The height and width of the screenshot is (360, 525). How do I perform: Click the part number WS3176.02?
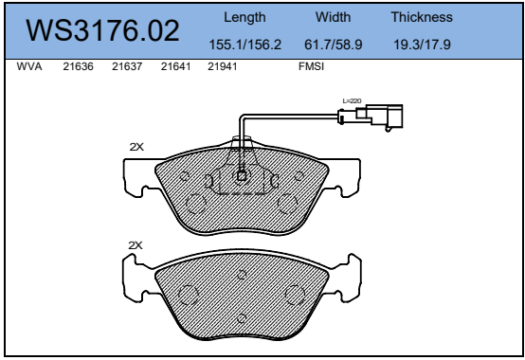point(102,30)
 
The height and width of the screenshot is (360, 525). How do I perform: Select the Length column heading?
point(244,17)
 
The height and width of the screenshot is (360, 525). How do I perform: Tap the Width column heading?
point(334,17)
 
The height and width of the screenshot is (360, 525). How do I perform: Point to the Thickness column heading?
point(422,17)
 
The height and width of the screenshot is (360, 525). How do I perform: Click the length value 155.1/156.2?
point(245,45)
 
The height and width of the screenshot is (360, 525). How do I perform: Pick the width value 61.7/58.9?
point(334,45)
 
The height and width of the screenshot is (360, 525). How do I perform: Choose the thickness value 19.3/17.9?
point(422,45)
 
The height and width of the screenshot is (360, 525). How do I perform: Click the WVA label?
point(29,66)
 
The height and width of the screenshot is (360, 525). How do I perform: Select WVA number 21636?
point(79,66)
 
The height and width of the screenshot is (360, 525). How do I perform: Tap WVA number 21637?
point(127,66)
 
